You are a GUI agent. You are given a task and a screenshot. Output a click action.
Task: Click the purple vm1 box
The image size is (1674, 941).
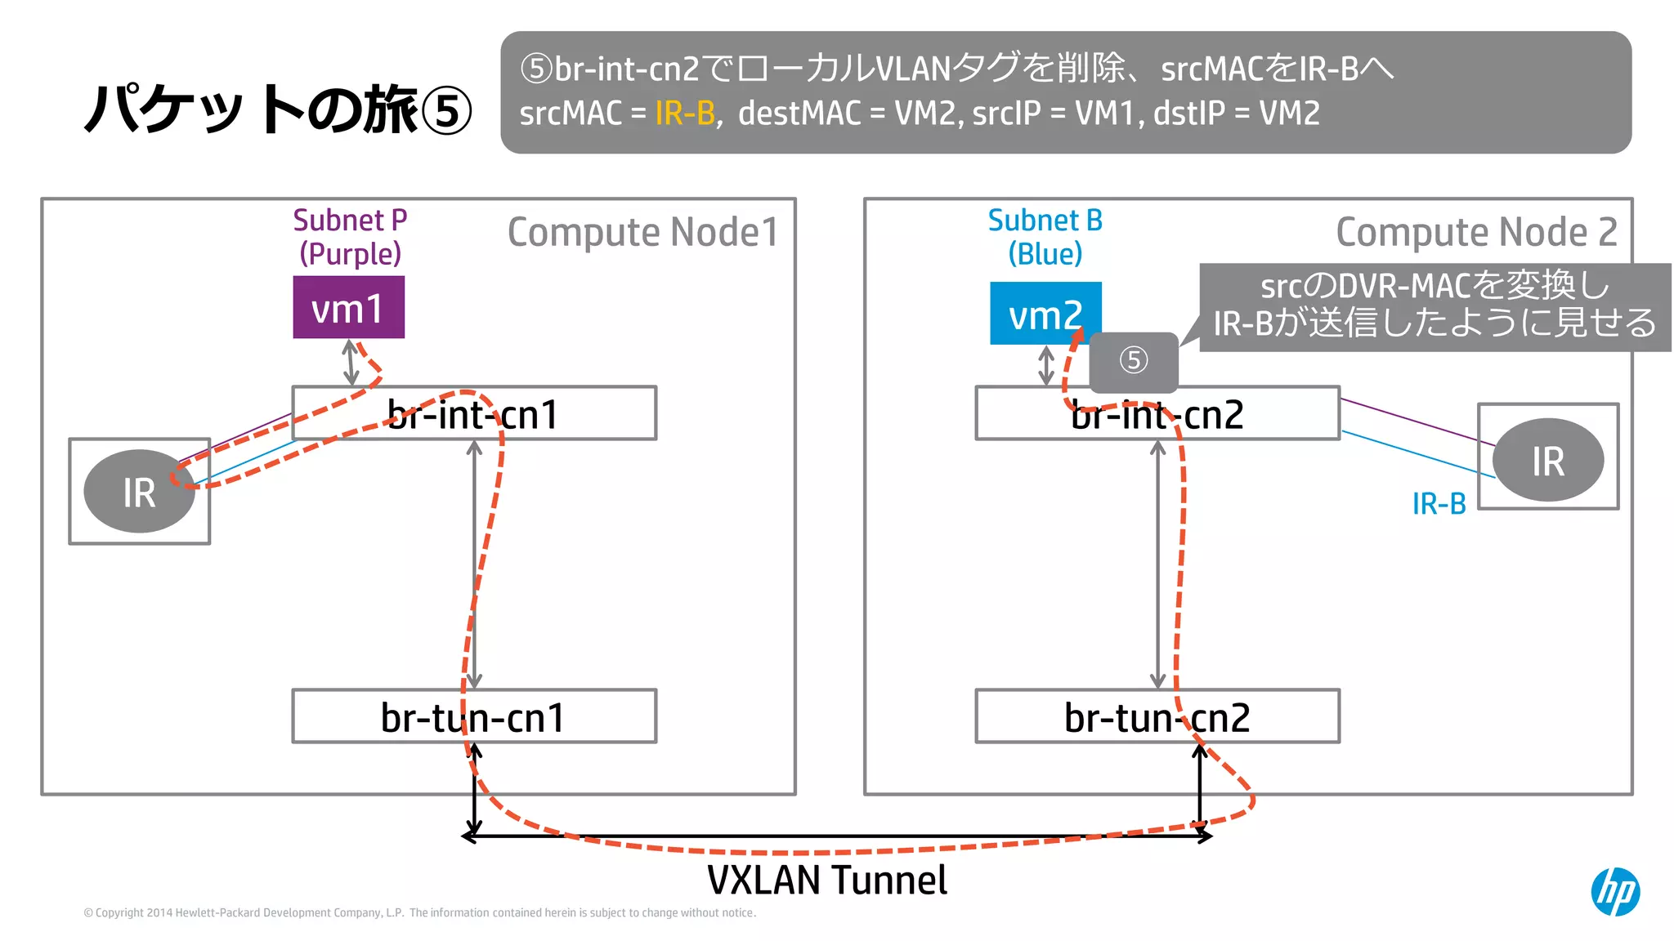[x=348, y=307]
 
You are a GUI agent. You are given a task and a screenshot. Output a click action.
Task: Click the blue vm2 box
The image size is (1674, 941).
[x=1045, y=314]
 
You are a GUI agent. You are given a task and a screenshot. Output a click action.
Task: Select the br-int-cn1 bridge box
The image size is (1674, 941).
[x=473, y=413]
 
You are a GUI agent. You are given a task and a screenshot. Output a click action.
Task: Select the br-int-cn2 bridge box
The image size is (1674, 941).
[x=1157, y=413]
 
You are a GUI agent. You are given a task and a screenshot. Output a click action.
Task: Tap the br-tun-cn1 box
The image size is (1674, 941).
[x=473, y=716]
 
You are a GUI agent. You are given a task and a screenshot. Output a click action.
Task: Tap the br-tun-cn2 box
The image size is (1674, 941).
[x=1157, y=716]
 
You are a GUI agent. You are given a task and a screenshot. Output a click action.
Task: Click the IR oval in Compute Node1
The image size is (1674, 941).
[x=139, y=492]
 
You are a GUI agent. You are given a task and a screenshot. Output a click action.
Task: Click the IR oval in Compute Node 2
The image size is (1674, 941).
[x=1547, y=460]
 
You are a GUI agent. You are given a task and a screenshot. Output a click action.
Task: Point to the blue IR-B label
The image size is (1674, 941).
[x=1439, y=504]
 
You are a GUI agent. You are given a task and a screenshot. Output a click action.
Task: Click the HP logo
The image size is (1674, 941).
[x=1615, y=891]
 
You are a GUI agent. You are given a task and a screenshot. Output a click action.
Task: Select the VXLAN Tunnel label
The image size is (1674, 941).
[x=826, y=881]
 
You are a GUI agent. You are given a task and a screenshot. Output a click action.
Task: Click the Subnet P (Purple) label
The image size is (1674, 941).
[x=350, y=237]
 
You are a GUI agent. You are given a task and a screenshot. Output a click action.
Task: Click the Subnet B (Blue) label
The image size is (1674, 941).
[x=1045, y=237]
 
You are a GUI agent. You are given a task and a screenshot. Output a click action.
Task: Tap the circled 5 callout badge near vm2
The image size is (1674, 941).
[x=1133, y=361]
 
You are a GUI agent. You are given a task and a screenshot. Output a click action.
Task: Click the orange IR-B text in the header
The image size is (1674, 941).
[x=685, y=114]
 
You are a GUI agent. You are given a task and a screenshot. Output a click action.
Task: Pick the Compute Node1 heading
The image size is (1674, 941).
[x=642, y=233]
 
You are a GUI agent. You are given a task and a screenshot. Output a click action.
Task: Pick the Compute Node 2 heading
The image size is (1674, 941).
[x=1476, y=233]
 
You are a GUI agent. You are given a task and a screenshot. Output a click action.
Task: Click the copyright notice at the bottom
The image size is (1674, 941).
[x=419, y=913]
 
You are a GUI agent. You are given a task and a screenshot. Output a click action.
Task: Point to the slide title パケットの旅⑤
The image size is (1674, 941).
[x=278, y=110]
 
